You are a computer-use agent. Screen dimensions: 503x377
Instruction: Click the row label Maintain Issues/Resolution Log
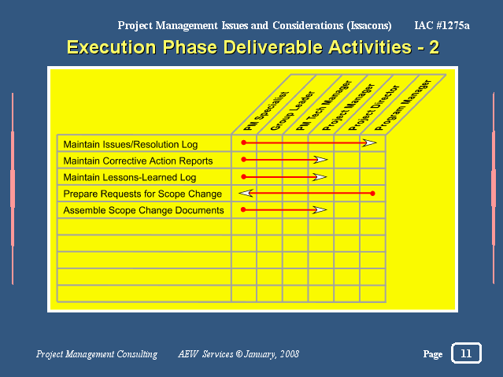(x=130, y=144)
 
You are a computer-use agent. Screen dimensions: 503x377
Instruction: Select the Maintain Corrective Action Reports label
(x=138, y=161)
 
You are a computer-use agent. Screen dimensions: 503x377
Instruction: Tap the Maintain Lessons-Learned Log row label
(x=130, y=177)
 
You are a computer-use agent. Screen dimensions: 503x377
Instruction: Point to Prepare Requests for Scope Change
(x=142, y=194)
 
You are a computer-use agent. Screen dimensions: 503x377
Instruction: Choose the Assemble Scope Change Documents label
(x=143, y=210)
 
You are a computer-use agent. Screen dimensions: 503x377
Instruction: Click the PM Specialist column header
(x=266, y=111)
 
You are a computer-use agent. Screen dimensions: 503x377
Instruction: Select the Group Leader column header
(x=293, y=111)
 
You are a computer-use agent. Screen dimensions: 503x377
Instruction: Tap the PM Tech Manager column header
(x=324, y=105)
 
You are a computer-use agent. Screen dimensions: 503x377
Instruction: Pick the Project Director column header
(x=375, y=108)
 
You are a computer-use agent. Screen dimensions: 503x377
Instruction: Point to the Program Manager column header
(x=403, y=105)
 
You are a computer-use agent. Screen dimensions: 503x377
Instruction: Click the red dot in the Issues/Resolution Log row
(x=244, y=142)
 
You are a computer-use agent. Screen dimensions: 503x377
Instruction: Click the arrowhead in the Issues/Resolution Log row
(x=369, y=142)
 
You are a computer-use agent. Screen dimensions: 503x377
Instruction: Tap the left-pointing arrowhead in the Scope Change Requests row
(x=246, y=193)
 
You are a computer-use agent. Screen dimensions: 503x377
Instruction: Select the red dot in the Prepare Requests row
(x=372, y=194)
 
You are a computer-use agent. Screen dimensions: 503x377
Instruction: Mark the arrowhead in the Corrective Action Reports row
(x=320, y=160)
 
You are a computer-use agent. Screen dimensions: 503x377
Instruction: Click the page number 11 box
(x=466, y=353)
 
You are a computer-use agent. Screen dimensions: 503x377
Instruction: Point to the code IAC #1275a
(x=442, y=25)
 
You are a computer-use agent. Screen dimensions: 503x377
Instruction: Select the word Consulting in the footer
(x=137, y=354)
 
